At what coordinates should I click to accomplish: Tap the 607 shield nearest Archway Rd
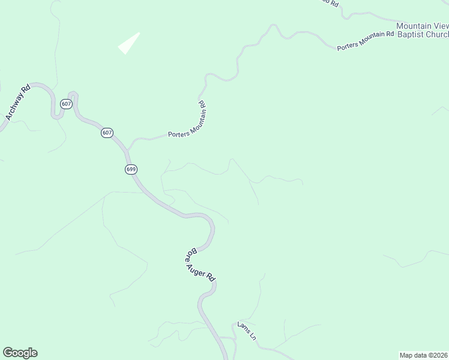(66, 104)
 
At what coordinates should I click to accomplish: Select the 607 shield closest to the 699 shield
(106, 133)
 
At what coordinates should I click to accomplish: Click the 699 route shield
(131, 169)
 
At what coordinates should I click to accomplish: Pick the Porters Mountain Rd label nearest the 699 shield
(187, 132)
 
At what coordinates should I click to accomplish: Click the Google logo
(20, 353)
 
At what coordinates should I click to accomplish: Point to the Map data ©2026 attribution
(423, 355)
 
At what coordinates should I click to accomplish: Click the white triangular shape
(129, 43)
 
